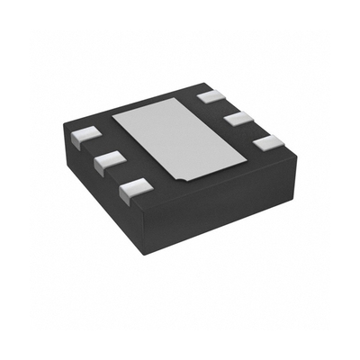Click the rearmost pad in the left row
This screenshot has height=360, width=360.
tap(84, 136)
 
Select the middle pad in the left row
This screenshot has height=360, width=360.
tap(107, 160)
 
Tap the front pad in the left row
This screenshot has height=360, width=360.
tap(133, 187)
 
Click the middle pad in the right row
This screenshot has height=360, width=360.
tap(239, 118)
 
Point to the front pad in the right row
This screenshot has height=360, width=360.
tap(265, 142)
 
